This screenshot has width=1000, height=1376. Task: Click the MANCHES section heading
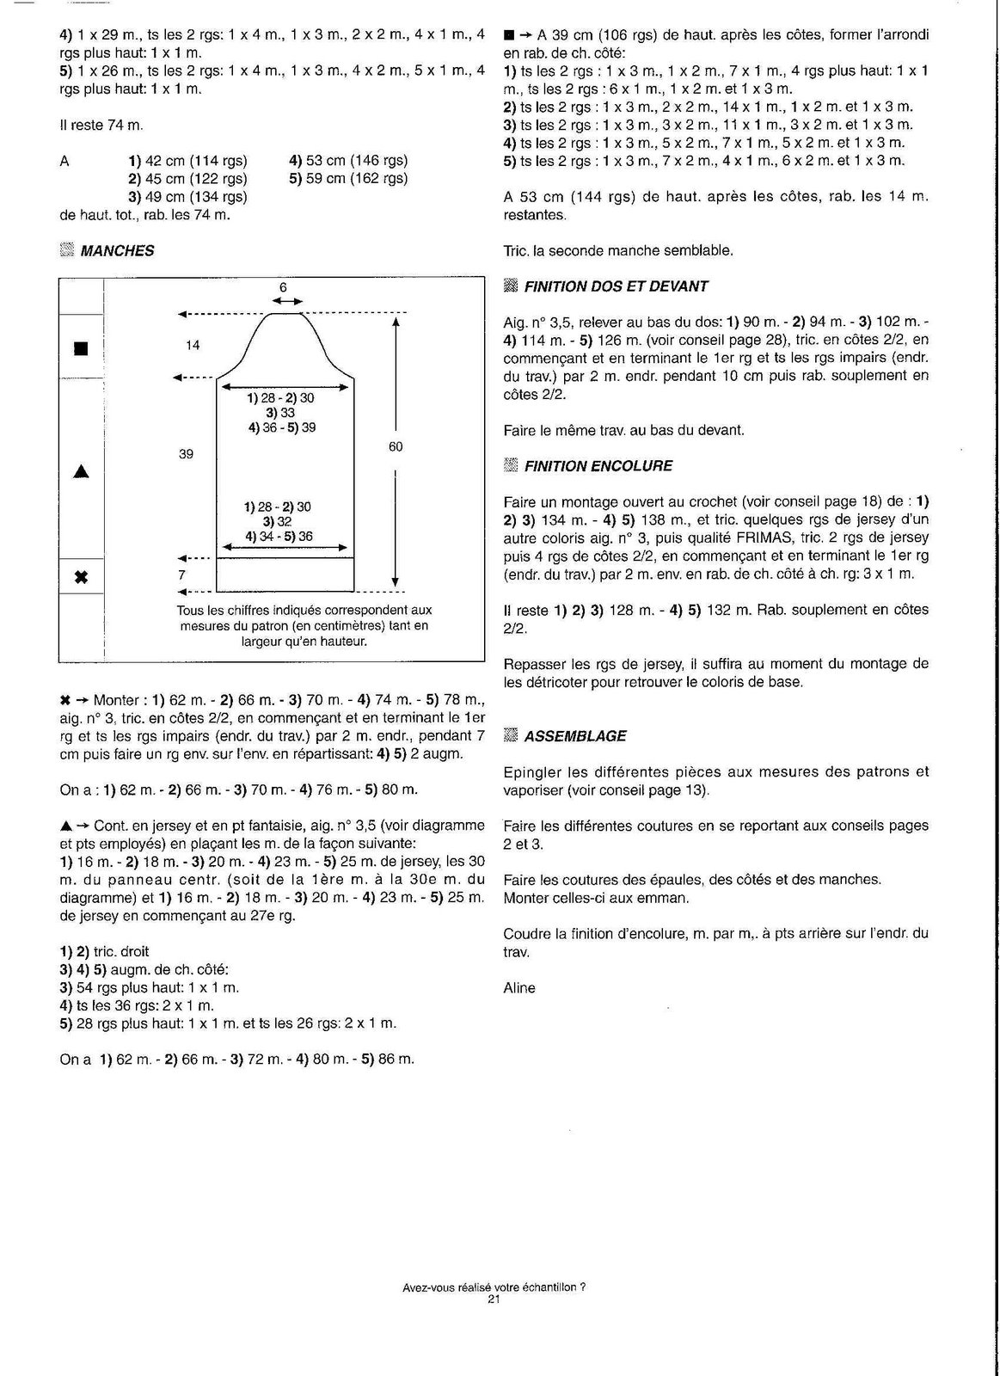click(117, 251)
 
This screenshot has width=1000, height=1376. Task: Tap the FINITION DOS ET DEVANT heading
click(616, 286)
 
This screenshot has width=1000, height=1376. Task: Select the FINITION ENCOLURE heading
click(598, 466)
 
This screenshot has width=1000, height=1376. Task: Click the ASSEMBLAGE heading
click(575, 736)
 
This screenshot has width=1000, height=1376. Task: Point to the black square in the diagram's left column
click(81, 348)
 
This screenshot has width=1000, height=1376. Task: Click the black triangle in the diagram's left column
click(82, 471)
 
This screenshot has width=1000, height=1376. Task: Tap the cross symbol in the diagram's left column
click(82, 576)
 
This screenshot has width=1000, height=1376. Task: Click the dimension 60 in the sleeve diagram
click(396, 446)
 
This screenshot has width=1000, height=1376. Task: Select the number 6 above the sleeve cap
click(284, 287)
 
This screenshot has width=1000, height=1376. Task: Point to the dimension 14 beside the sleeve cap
click(193, 345)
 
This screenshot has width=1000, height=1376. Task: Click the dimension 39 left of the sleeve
click(187, 453)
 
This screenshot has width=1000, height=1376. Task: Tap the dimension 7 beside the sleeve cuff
click(182, 574)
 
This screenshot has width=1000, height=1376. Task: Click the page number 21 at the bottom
click(494, 1299)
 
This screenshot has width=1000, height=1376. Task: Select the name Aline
click(519, 988)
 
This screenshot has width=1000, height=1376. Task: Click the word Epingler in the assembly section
click(533, 771)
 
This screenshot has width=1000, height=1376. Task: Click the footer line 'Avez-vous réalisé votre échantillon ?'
click(494, 1287)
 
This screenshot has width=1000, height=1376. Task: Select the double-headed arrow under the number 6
click(287, 301)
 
